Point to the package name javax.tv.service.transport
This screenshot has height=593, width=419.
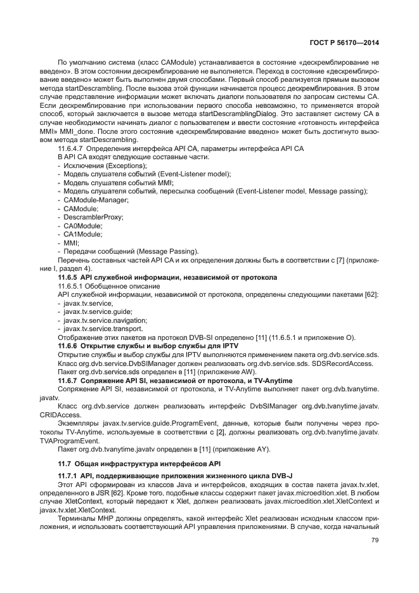[102, 329]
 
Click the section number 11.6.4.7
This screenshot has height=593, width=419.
[70, 147]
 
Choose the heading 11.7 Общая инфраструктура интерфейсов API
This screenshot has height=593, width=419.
[138, 464]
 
